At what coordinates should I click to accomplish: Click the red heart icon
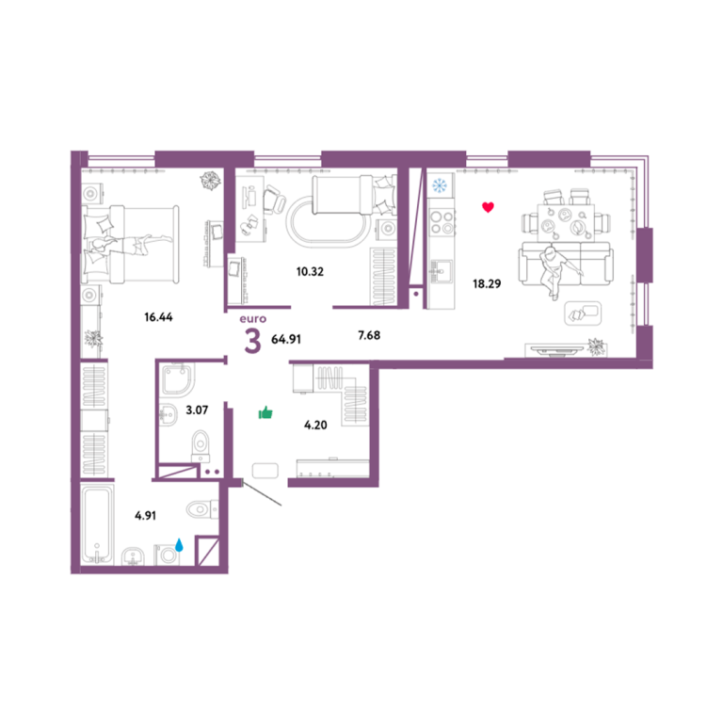click(488, 207)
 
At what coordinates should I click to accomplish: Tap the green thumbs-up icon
click(265, 412)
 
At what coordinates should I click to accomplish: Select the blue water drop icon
click(179, 545)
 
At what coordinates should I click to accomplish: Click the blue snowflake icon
click(440, 185)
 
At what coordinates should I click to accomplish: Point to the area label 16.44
click(158, 316)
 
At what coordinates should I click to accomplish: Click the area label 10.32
click(310, 271)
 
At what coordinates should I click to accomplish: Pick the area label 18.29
click(487, 283)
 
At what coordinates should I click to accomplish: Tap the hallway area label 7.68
click(369, 335)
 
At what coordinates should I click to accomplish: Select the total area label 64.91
click(286, 339)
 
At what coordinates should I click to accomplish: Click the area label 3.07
click(197, 410)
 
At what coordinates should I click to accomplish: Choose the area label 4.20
click(315, 425)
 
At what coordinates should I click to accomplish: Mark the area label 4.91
click(145, 515)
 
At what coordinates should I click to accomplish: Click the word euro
click(252, 318)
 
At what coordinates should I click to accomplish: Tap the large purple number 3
click(252, 342)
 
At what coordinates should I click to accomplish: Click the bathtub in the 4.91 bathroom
click(97, 524)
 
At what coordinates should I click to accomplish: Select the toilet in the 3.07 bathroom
click(201, 446)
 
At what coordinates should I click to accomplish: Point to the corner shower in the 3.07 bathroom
click(178, 379)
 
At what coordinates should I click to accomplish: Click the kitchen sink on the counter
click(442, 270)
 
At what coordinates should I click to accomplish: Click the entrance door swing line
click(262, 494)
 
